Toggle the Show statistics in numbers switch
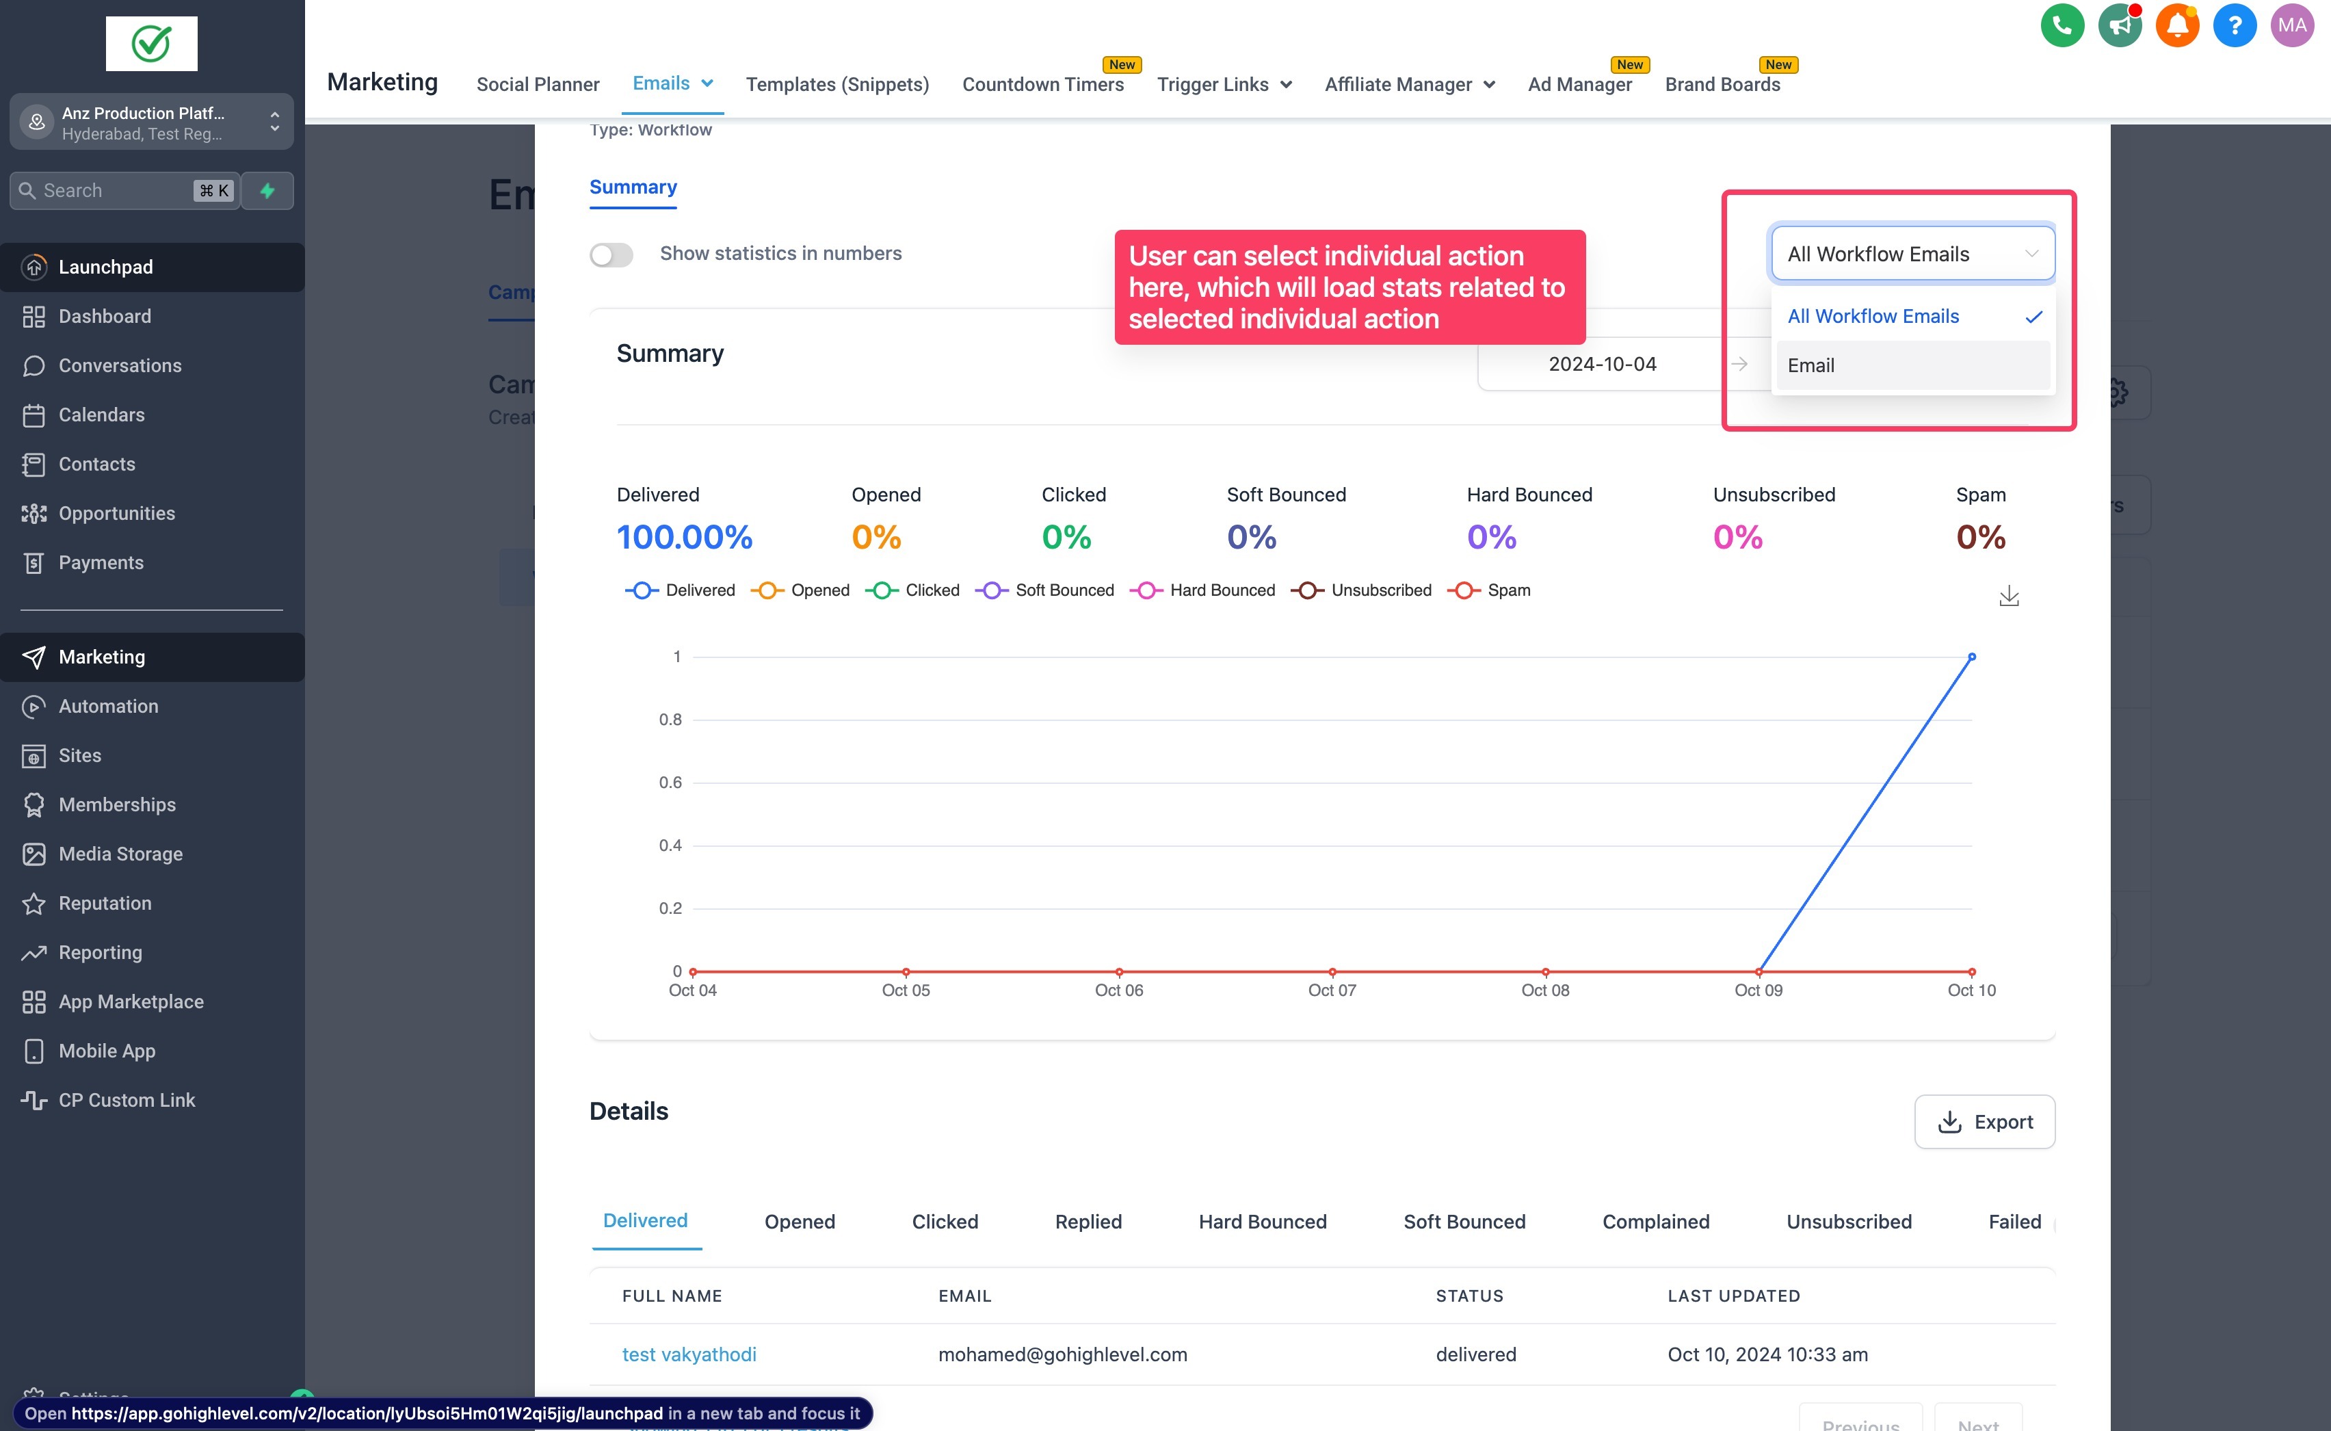click(x=611, y=254)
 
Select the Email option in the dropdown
click(x=1912, y=365)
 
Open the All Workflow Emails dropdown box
click(x=1912, y=254)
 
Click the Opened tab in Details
click(x=799, y=1221)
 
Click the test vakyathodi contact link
click(x=689, y=1354)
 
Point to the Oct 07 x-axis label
click(x=1332, y=990)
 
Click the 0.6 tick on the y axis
click(x=670, y=783)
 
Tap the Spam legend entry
click(x=1490, y=590)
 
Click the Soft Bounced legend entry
click(x=1046, y=590)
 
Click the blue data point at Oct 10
click(x=1971, y=657)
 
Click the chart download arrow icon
click(x=2008, y=596)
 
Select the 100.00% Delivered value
click(x=684, y=538)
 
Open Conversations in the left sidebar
click(x=119, y=365)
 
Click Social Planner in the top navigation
click(x=538, y=84)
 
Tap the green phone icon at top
click(x=2062, y=25)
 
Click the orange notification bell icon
click(x=2176, y=25)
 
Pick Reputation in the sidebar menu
click(x=104, y=903)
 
